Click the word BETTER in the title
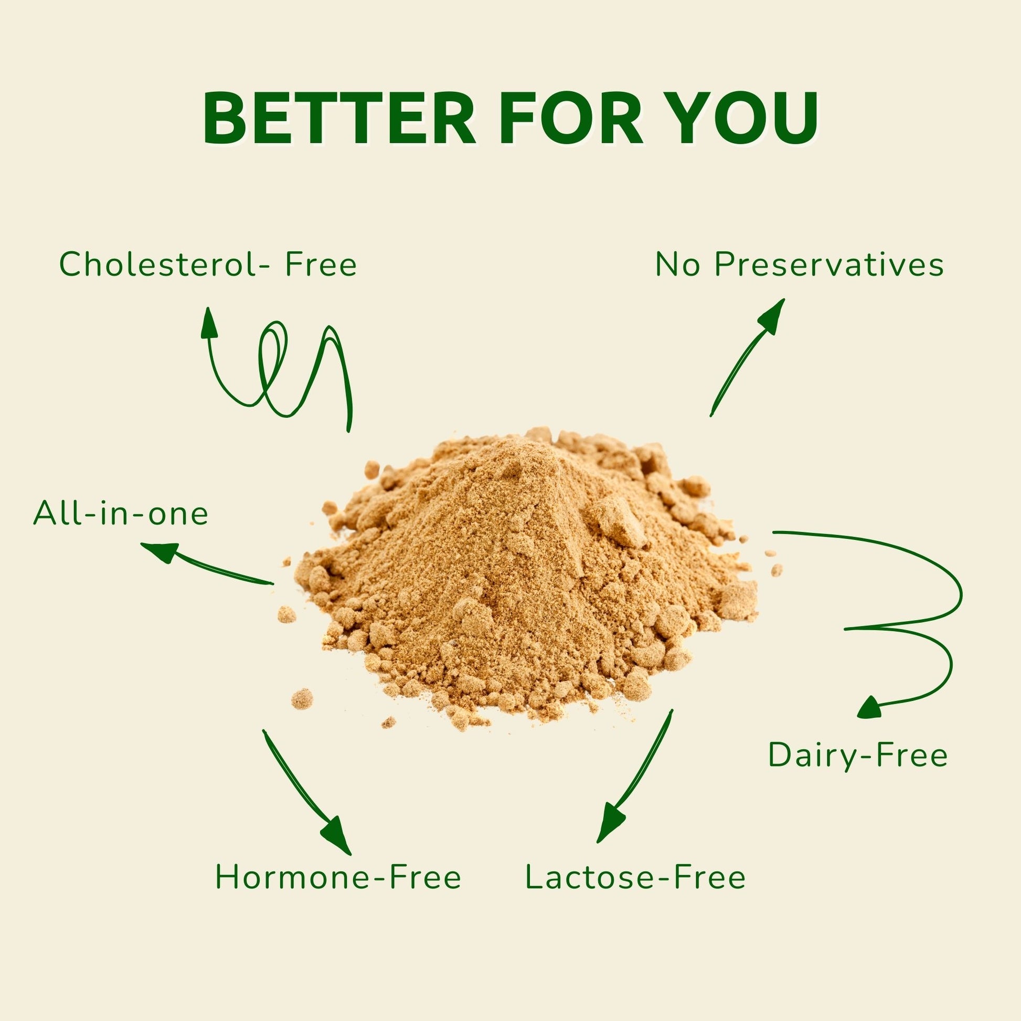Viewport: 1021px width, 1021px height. click(x=339, y=119)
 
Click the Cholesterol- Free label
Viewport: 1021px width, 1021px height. click(x=208, y=264)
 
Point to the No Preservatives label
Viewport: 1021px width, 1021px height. click(x=800, y=264)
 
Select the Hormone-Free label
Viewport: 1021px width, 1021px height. click(x=338, y=877)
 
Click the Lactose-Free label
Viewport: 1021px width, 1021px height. click(x=635, y=877)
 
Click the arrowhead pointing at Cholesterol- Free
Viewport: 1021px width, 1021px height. click(x=209, y=322)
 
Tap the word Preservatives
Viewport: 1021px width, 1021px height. click(x=829, y=264)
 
